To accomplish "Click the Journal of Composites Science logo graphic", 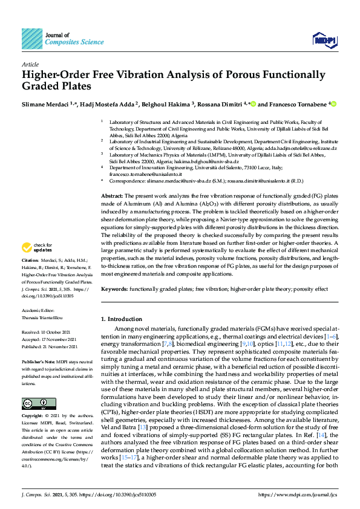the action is pyautogui.click(x=32, y=38).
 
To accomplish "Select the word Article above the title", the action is pyautogui.click(x=30, y=63).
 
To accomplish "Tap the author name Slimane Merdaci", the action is pyautogui.click(x=46, y=104).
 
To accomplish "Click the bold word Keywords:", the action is pyautogui.click(x=114, y=290).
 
